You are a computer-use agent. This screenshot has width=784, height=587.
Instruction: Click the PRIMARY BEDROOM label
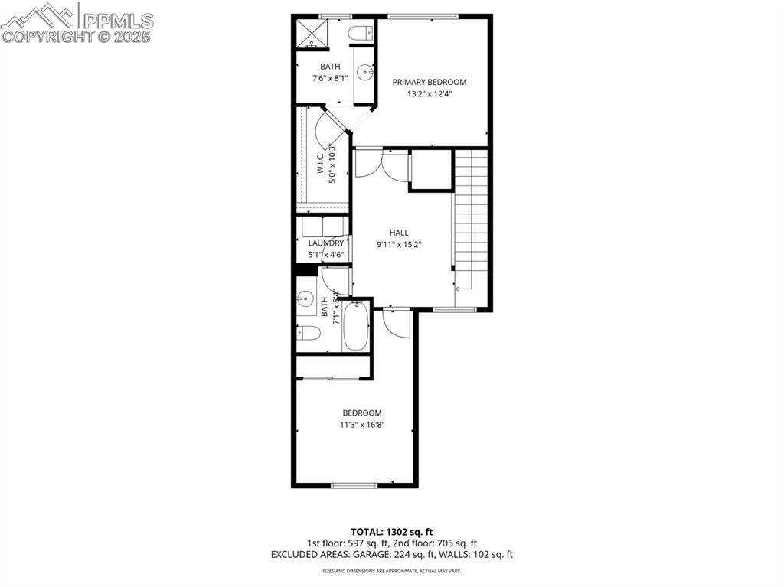[429, 82]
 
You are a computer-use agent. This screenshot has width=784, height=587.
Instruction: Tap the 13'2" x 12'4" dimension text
[429, 94]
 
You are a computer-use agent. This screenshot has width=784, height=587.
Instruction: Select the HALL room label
[399, 233]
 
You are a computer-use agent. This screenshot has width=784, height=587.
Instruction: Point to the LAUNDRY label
[326, 243]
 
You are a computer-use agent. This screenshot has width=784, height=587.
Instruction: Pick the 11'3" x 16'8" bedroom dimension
[362, 425]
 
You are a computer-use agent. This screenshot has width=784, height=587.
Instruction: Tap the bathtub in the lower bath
[356, 327]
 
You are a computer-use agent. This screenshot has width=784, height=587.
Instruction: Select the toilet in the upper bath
[361, 33]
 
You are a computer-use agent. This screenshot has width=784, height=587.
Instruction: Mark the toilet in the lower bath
[309, 333]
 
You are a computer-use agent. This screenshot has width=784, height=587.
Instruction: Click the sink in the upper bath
[364, 73]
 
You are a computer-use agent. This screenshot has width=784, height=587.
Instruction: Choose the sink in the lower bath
[307, 298]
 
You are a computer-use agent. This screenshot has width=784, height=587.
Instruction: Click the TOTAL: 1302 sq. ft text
[392, 531]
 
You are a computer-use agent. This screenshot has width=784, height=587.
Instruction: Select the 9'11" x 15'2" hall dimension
[399, 245]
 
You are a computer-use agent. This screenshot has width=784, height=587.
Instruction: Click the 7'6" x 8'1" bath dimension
[330, 78]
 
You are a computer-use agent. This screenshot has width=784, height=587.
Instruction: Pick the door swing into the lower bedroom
[396, 324]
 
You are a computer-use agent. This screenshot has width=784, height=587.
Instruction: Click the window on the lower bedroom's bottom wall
[354, 485]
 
